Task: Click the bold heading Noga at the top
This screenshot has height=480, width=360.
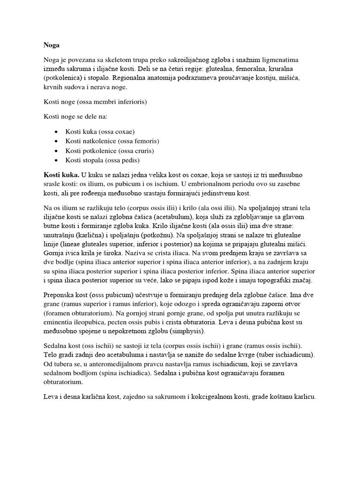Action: tap(51, 45)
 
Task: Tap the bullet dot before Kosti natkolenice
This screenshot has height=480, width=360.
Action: tap(56, 141)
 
